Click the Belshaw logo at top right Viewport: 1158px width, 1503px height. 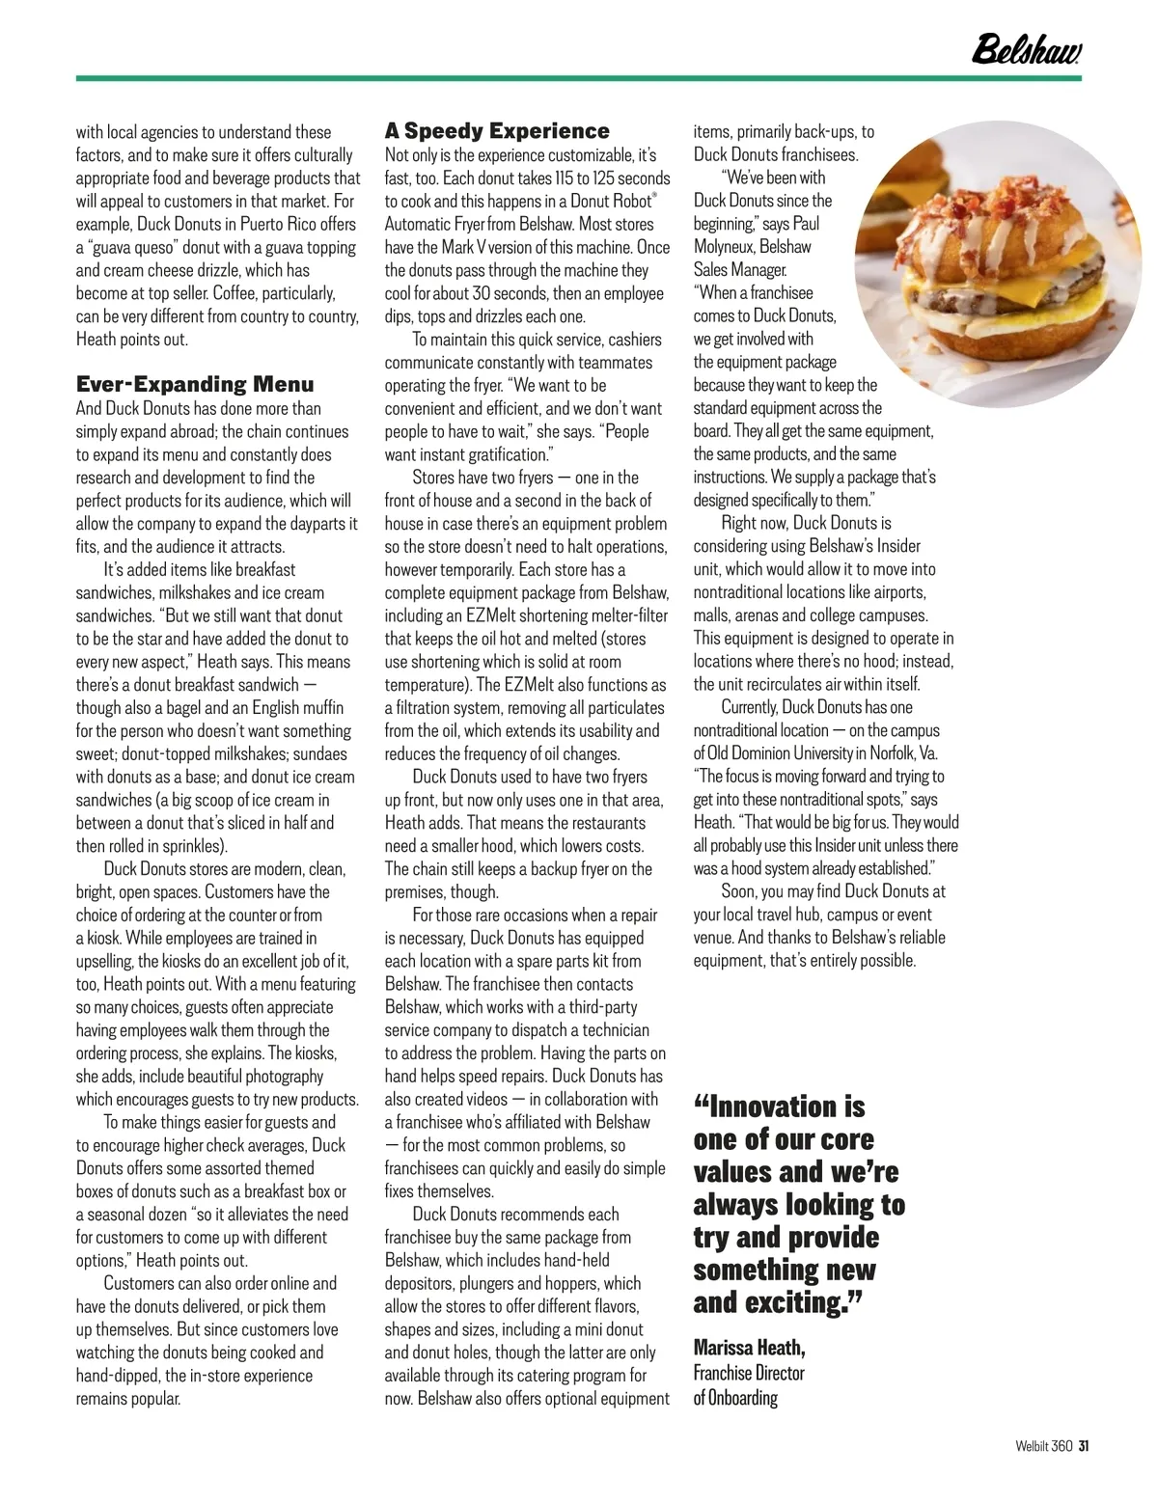pyautogui.click(x=1025, y=47)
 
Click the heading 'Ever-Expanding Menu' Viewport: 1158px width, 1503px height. pyautogui.click(x=195, y=385)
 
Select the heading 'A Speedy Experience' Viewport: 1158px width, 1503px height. pyautogui.click(x=497, y=131)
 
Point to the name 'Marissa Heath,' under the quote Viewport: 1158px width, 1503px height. pyautogui.click(x=749, y=1347)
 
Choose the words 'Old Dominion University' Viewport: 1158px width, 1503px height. pyautogui.click(x=774, y=753)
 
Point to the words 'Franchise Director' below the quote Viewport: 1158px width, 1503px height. pyautogui.click(x=749, y=1372)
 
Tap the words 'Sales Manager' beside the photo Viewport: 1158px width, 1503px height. pyautogui.click(x=740, y=270)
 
